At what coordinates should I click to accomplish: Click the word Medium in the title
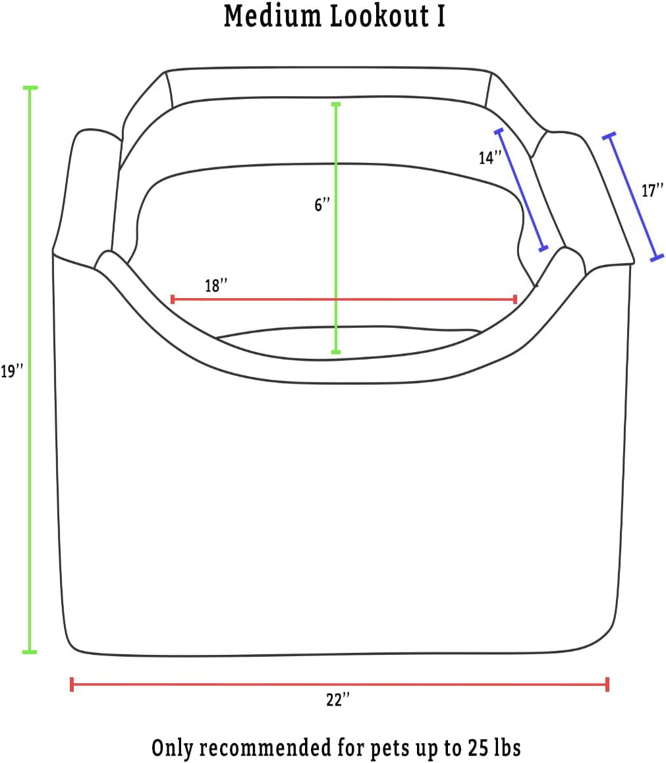[x=272, y=16]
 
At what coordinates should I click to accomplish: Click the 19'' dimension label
[x=12, y=371]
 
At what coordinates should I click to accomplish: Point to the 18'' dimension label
[x=216, y=286]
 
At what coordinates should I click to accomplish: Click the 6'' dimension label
[x=322, y=205]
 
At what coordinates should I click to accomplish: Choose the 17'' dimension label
[x=652, y=191]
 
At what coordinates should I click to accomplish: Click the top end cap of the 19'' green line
[x=30, y=88]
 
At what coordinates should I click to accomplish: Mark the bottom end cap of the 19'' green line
[x=30, y=652]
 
